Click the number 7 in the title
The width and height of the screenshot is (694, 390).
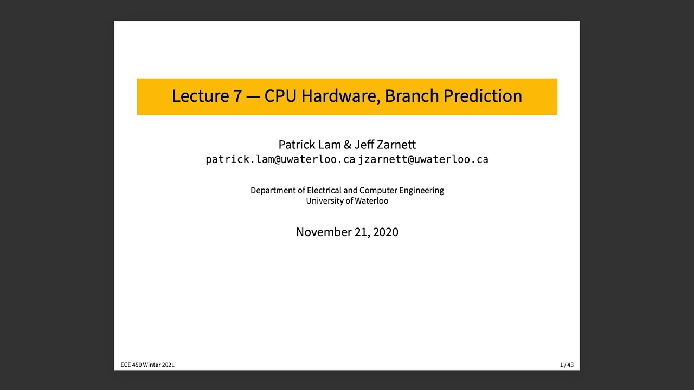pos(237,96)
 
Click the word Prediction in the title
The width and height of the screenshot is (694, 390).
pos(483,96)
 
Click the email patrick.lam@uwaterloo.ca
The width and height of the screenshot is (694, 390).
pos(280,160)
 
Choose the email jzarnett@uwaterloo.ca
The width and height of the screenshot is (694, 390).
pos(423,160)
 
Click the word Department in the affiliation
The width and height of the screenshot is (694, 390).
pos(273,191)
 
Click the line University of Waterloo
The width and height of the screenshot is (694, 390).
pos(347,201)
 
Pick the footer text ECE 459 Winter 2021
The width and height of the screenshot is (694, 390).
pos(147,365)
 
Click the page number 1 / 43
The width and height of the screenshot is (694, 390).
pos(567,365)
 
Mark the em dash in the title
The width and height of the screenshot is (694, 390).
pos(253,96)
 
